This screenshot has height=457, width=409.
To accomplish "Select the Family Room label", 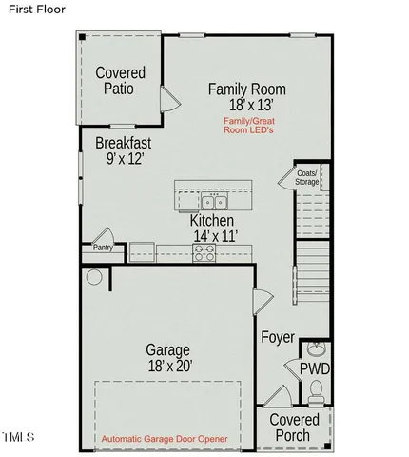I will click(246, 89).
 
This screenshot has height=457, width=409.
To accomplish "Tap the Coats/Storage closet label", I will click(306, 176).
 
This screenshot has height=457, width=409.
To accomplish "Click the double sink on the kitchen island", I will click(214, 202).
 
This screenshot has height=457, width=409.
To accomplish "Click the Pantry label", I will click(103, 248).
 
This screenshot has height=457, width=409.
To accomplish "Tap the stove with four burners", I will click(204, 251).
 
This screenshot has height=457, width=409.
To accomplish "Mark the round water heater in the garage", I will click(93, 278).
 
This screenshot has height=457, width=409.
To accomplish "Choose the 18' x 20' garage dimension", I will click(167, 365).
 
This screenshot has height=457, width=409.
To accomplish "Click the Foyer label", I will click(277, 338).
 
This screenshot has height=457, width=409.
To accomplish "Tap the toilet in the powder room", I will click(318, 389).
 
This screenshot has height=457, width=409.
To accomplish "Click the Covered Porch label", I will click(294, 427).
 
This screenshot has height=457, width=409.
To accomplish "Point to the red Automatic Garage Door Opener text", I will click(168, 439).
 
